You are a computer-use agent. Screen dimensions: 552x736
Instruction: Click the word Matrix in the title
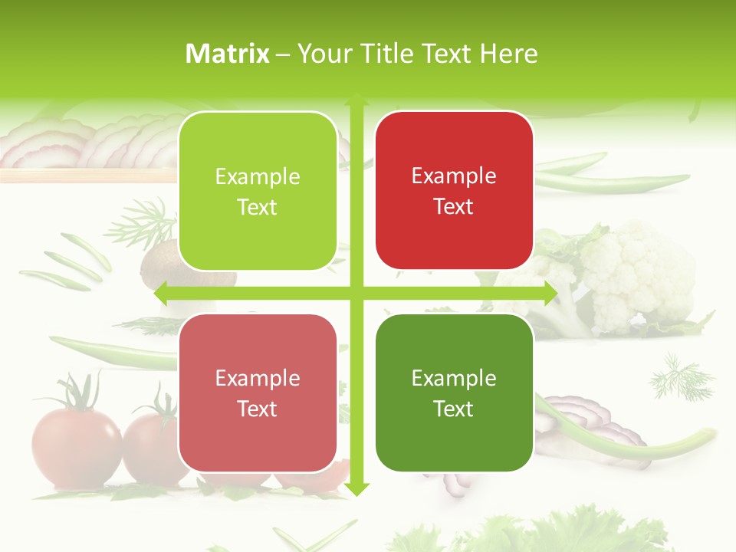(228, 54)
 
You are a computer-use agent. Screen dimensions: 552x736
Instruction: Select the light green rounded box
(258, 191)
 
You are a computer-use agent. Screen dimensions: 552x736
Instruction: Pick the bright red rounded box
(454, 190)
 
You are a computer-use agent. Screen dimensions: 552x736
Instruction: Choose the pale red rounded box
(258, 393)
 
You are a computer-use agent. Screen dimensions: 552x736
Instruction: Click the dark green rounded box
(454, 393)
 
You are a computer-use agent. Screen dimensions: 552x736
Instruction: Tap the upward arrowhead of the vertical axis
(356, 100)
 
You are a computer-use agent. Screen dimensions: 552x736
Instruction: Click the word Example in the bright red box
(454, 176)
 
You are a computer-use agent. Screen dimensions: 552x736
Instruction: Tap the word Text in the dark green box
(454, 409)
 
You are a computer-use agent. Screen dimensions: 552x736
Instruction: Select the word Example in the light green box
(258, 176)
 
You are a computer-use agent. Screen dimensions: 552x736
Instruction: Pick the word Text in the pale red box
(258, 409)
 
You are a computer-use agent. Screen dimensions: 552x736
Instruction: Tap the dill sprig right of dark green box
(681, 376)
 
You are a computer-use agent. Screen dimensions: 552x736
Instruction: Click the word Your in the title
(324, 54)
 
